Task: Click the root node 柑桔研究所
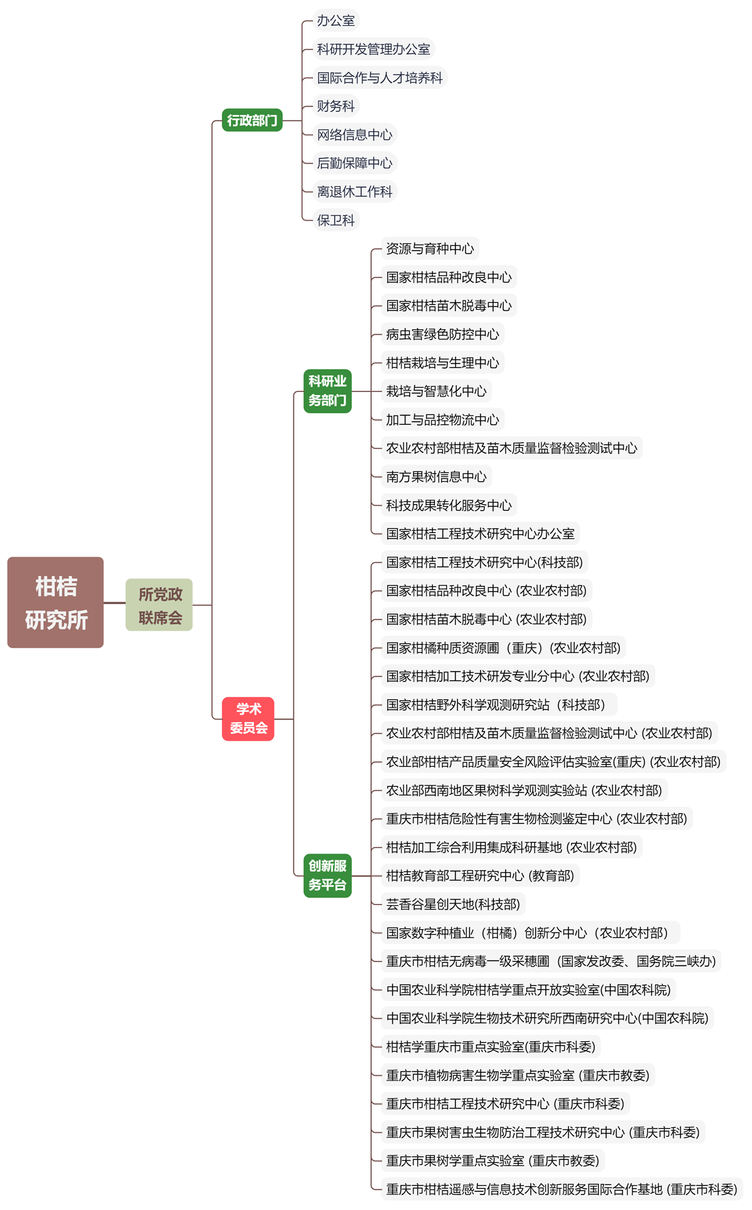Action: pyautogui.click(x=56, y=602)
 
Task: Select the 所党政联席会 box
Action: pyautogui.click(x=159, y=605)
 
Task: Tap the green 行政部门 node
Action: pyautogui.click(x=252, y=120)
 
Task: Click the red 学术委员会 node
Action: pyautogui.click(x=248, y=718)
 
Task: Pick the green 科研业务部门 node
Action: pyautogui.click(x=327, y=391)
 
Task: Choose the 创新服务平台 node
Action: pyautogui.click(x=327, y=875)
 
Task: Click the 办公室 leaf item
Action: pyautogui.click(x=336, y=21)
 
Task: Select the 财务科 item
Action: pyautogui.click(x=336, y=106)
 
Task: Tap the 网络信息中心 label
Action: pyautogui.click(x=355, y=135)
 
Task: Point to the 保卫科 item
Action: pyautogui.click(x=336, y=220)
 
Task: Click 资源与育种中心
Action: pyautogui.click(x=430, y=248)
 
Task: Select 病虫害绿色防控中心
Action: pyautogui.click(x=442, y=334)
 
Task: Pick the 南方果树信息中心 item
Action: pyautogui.click(x=436, y=477)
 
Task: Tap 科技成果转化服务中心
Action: pyautogui.click(x=449, y=505)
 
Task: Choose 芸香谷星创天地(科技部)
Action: pyautogui.click(x=453, y=904)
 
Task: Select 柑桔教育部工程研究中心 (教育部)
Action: pyautogui.click(x=480, y=876)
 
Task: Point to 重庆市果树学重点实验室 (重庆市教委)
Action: pyautogui.click(x=493, y=1160)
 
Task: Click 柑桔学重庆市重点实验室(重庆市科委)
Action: pyautogui.click(x=491, y=1046)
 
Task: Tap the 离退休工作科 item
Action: pyautogui.click(x=355, y=191)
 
